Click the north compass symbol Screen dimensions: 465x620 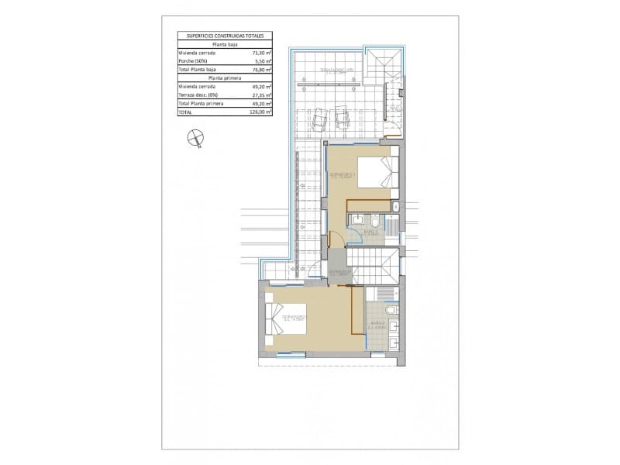click(195, 139)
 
